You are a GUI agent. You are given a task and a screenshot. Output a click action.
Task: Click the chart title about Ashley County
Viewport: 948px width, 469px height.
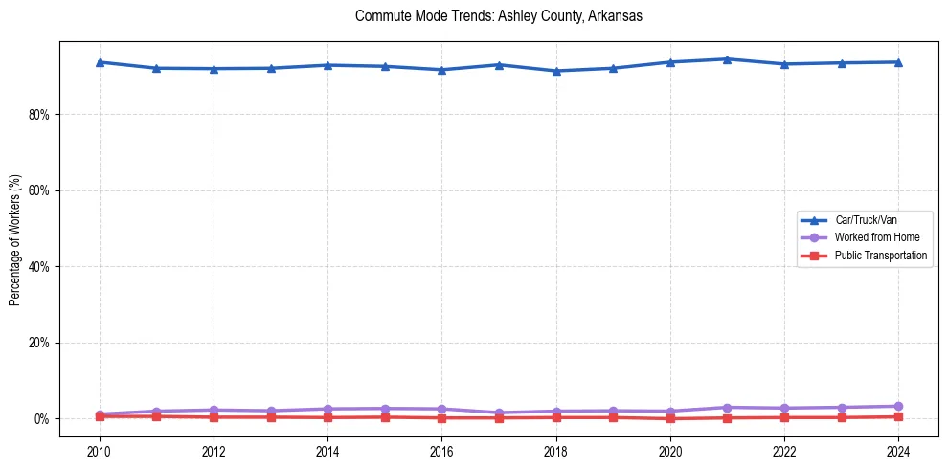pos(498,16)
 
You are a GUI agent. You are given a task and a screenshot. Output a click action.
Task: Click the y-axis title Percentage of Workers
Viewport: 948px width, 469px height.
pos(15,240)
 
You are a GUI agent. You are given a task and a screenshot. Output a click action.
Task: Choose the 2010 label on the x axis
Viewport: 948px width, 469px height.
pos(100,450)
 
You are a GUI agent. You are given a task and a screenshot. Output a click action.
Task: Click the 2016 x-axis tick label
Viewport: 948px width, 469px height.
pos(441,450)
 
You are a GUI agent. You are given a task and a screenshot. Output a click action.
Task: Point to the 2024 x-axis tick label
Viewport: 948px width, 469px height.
pos(898,450)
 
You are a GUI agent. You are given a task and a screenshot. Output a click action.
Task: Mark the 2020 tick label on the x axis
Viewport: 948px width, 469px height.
pos(670,450)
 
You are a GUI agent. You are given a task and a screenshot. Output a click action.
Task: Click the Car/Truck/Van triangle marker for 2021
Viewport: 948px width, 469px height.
pos(727,59)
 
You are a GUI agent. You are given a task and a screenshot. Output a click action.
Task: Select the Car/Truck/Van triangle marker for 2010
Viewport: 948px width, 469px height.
pos(100,62)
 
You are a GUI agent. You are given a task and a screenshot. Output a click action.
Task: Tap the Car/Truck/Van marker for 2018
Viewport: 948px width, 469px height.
pos(556,71)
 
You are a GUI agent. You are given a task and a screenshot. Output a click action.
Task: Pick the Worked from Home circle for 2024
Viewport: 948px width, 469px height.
pos(898,406)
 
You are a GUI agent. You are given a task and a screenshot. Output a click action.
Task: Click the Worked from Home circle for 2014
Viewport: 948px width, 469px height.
pos(327,409)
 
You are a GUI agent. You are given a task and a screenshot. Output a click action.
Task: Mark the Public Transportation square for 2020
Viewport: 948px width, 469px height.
pos(670,418)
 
